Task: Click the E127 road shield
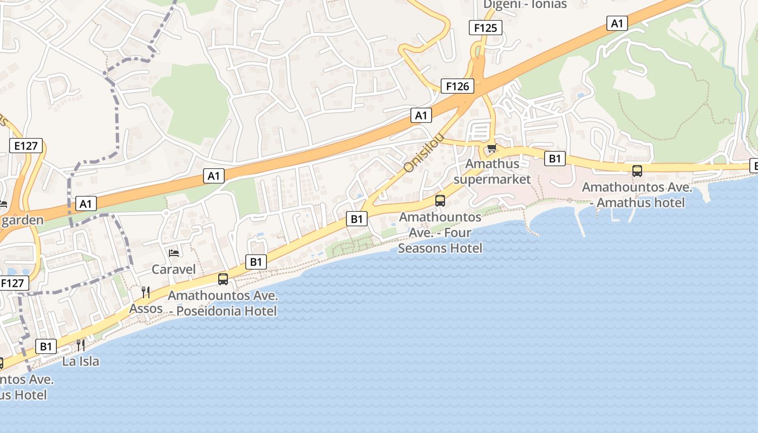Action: pyautogui.click(x=26, y=145)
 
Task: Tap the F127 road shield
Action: pyautogui.click(x=12, y=283)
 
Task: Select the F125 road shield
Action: pyautogui.click(x=485, y=28)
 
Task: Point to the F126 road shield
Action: pyautogui.click(x=458, y=86)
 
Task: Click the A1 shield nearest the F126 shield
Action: pyautogui.click(x=421, y=115)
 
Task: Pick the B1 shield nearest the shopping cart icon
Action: pyautogui.click(x=554, y=158)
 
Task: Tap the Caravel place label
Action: pyautogui.click(x=173, y=269)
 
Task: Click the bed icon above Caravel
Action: pyautogui.click(x=174, y=253)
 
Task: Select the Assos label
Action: pyautogui.click(x=146, y=309)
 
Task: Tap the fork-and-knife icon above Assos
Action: pyautogui.click(x=145, y=292)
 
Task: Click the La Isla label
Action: pyautogui.click(x=81, y=361)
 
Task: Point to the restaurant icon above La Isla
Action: pyautogui.click(x=81, y=345)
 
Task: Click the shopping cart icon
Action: pyautogui.click(x=492, y=148)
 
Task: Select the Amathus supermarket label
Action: pyautogui.click(x=492, y=171)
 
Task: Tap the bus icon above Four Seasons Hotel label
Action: pyautogui.click(x=440, y=201)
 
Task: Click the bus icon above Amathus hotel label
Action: pyautogui.click(x=637, y=171)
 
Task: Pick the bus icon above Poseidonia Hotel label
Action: pyautogui.click(x=223, y=279)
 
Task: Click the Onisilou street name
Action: pyautogui.click(x=424, y=153)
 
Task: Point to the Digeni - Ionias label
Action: pyautogui.click(x=525, y=5)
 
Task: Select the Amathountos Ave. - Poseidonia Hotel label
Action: pyautogui.click(x=223, y=303)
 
